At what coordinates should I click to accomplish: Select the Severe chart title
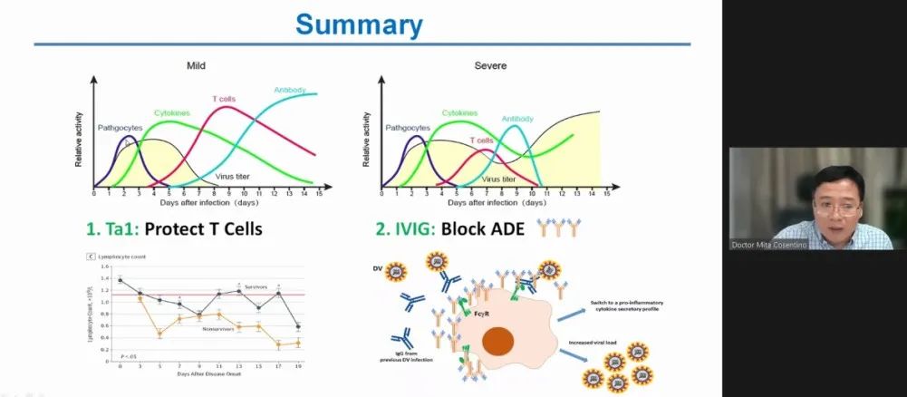490,66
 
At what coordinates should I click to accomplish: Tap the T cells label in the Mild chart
226,99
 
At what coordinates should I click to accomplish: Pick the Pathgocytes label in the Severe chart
408,129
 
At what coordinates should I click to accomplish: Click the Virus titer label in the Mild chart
234,175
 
